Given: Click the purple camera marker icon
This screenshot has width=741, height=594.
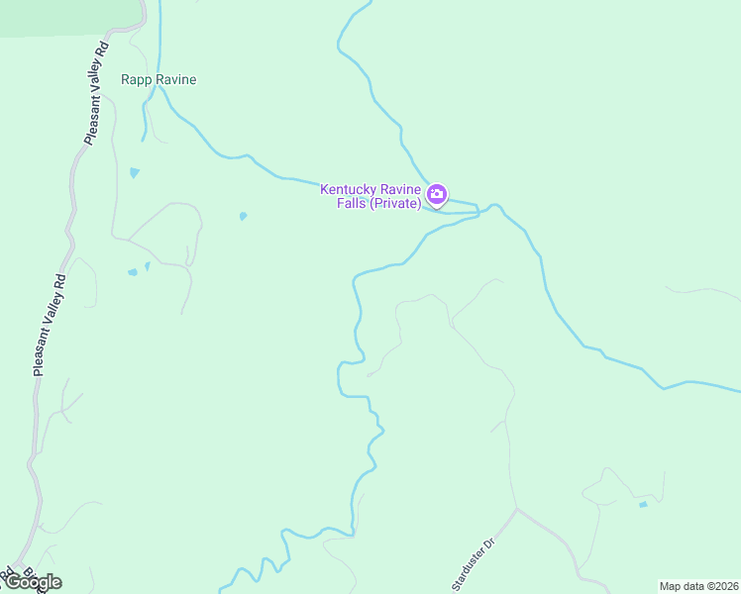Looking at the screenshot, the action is click(437, 194).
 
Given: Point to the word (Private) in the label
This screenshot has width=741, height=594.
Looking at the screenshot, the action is click(397, 203).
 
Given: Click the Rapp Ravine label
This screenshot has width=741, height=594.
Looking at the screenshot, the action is click(159, 79).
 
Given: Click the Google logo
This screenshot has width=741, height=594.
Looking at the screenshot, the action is click(33, 582).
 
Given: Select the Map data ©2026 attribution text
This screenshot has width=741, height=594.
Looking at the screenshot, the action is click(698, 586).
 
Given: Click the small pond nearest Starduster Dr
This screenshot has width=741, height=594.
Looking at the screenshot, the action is click(643, 505).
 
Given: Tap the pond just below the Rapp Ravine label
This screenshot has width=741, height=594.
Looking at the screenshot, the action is click(135, 172).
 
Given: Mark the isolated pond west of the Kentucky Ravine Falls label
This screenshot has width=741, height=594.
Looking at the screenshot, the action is click(243, 216).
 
